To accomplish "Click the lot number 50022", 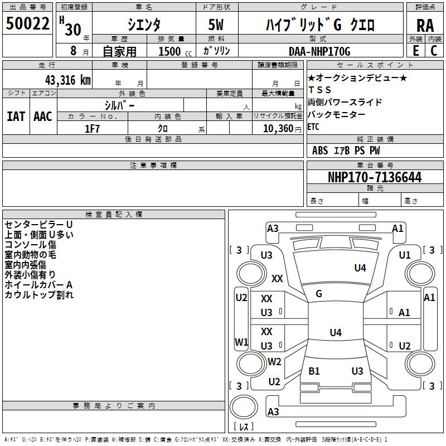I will (x=27, y=25).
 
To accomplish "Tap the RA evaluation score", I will (x=425, y=26).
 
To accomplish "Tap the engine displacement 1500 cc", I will (x=171, y=51).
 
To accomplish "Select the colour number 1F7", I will (x=93, y=128).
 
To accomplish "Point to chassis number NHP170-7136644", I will (x=375, y=177).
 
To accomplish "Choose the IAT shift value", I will (x=16, y=116).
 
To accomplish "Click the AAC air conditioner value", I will (x=43, y=116).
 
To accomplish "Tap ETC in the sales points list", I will (x=314, y=127).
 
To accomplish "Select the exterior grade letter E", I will (x=415, y=51).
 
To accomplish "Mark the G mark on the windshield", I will (x=319, y=294).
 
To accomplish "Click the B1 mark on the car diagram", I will (x=314, y=371).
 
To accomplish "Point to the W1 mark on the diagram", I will (x=241, y=342).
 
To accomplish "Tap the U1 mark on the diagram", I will (x=404, y=255).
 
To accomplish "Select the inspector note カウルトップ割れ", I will (x=39, y=295).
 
